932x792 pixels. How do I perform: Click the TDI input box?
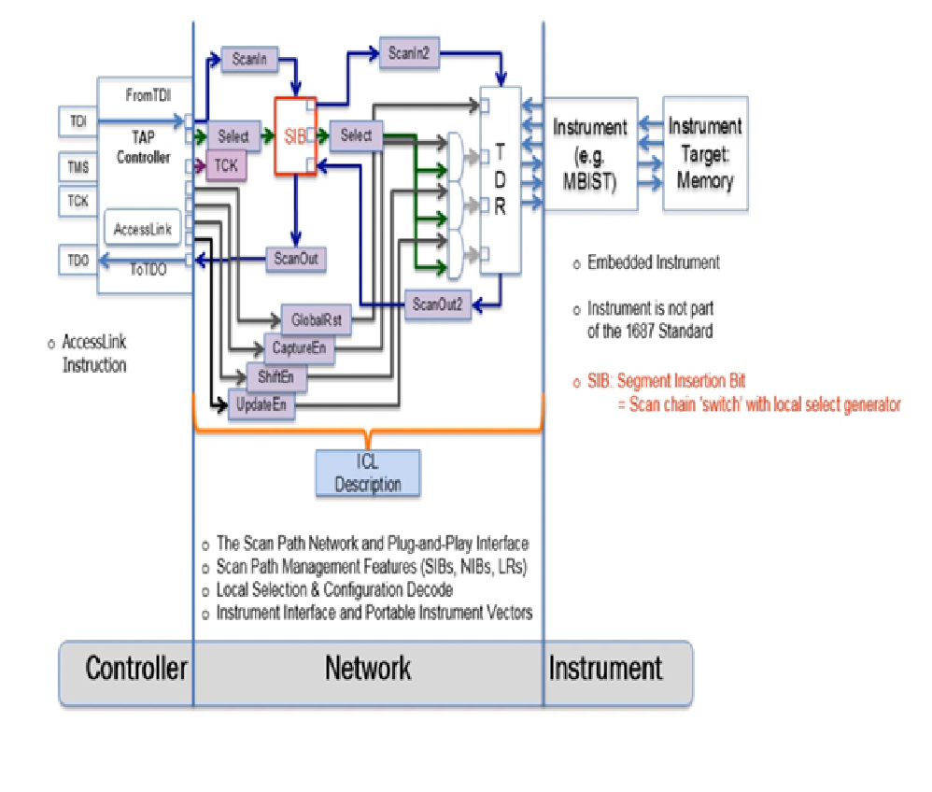76,121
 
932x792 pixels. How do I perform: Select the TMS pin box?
76,164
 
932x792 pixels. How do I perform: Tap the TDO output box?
76,260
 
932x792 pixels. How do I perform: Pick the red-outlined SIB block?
293,136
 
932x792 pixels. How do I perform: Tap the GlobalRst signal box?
317,319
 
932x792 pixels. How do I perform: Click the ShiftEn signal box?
276,377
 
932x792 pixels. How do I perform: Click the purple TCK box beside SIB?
226,166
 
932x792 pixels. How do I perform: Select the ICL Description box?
368,473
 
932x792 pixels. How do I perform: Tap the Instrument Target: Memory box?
705,153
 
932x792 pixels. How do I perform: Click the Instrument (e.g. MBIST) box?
589,153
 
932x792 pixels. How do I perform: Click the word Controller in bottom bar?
136,669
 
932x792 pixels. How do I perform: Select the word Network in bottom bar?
368,669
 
